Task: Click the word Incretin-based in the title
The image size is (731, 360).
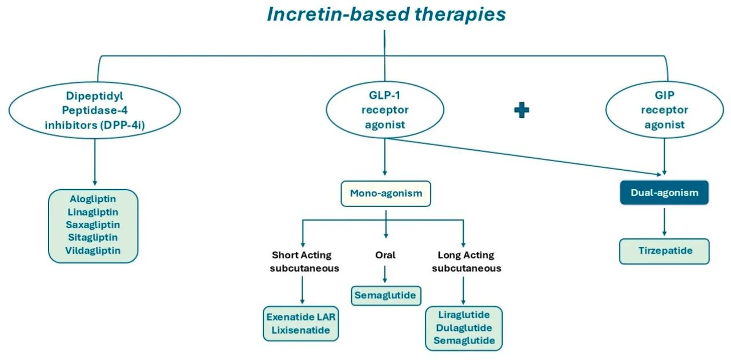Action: point(338,14)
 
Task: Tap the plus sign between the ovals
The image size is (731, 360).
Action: point(521,110)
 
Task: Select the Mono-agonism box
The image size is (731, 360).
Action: point(385,193)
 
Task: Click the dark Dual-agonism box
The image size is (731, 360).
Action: point(664,193)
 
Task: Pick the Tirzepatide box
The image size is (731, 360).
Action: point(664,251)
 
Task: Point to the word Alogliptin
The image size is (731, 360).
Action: point(93,199)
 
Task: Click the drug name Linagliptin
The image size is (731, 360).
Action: point(93,212)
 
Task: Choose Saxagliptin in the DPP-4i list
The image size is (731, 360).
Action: point(93,225)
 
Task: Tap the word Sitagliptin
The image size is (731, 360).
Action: point(93,237)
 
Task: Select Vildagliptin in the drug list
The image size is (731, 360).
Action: point(93,250)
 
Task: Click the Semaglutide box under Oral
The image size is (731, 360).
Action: point(386,295)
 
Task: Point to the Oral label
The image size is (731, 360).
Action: point(385,255)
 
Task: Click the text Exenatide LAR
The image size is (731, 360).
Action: point(300,317)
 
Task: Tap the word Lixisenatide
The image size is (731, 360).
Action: point(300,330)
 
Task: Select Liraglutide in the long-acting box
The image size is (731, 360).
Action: point(464,315)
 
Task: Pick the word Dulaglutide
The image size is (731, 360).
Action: point(464,327)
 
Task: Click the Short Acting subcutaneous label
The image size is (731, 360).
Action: point(304,261)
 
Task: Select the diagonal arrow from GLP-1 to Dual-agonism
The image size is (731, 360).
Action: point(524,157)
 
